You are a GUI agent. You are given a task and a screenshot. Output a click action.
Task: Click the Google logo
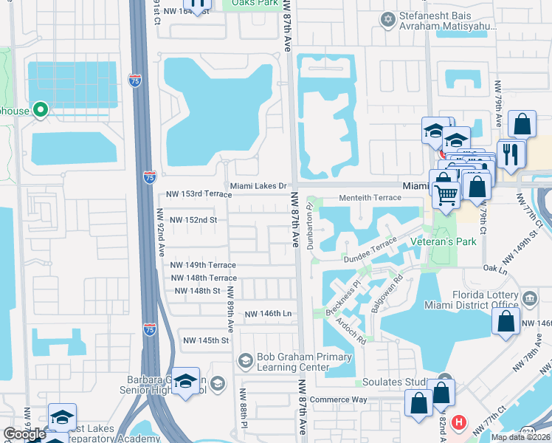[x=24, y=434]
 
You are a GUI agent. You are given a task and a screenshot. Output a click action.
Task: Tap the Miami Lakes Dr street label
[x=258, y=186]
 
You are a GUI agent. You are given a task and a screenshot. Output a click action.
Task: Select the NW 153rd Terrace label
[x=197, y=194]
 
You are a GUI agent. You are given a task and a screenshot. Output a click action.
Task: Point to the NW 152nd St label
[x=193, y=220]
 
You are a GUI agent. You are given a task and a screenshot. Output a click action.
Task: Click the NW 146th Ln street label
[x=269, y=314]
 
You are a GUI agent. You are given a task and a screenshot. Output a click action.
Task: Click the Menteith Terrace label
[x=369, y=198]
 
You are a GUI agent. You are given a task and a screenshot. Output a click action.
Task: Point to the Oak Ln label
[x=494, y=269]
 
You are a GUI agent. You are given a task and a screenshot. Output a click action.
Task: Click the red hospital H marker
[x=458, y=422]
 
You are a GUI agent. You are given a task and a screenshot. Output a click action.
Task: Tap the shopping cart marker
[x=445, y=196]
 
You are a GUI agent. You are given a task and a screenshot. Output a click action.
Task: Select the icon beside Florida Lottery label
[x=529, y=298]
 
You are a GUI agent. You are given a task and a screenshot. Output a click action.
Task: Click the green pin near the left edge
[x=41, y=111]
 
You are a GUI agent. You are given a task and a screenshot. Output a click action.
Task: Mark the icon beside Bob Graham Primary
[x=245, y=360]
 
